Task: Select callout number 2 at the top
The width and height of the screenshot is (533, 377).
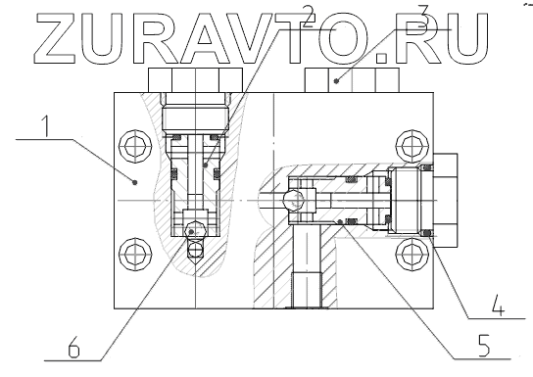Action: coord(309,17)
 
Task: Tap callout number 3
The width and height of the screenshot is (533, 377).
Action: coord(422,16)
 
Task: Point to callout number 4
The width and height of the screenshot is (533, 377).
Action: coord(499,305)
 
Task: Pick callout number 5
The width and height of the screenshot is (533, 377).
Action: coord(483,346)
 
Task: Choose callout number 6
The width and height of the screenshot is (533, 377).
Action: coord(73,348)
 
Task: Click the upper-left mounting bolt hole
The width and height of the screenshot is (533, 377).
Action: coord(135,146)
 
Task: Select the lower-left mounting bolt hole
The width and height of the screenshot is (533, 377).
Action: coord(135,254)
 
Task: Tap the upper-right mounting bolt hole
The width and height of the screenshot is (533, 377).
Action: coord(412,146)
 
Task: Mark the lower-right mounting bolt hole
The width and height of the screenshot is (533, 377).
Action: coord(412,254)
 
